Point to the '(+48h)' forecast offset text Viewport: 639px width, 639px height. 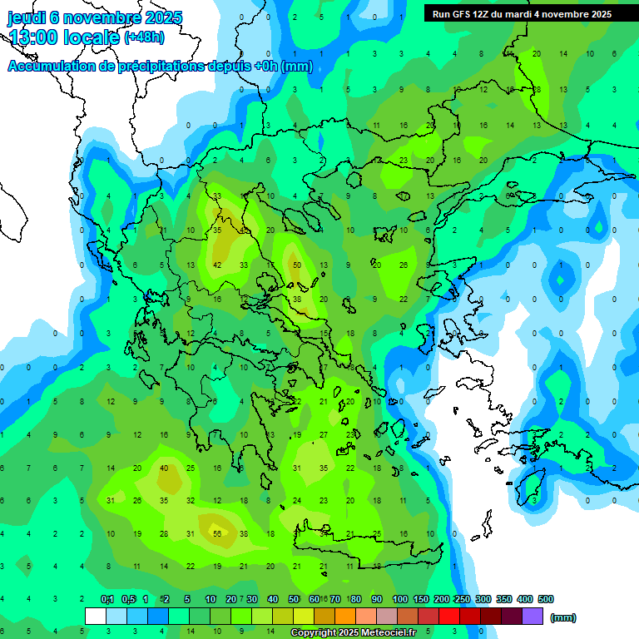[x=144, y=37]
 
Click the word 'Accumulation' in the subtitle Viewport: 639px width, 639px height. [x=53, y=67]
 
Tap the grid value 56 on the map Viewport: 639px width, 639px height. [x=217, y=534]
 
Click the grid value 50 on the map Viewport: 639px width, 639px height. [x=297, y=265]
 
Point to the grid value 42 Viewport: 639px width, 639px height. [x=217, y=265]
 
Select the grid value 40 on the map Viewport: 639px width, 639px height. [x=164, y=468]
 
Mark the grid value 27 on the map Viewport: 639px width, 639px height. [x=324, y=434]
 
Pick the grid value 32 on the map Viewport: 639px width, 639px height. [x=191, y=501]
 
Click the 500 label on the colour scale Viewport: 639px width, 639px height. [x=546, y=599]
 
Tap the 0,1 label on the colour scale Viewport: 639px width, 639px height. [x=106, y=599]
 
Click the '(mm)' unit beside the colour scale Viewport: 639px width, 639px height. [x=563, y=617]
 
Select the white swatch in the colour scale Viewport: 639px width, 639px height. [x=96, y=616]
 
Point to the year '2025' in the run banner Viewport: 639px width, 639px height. [x=598, y=13]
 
